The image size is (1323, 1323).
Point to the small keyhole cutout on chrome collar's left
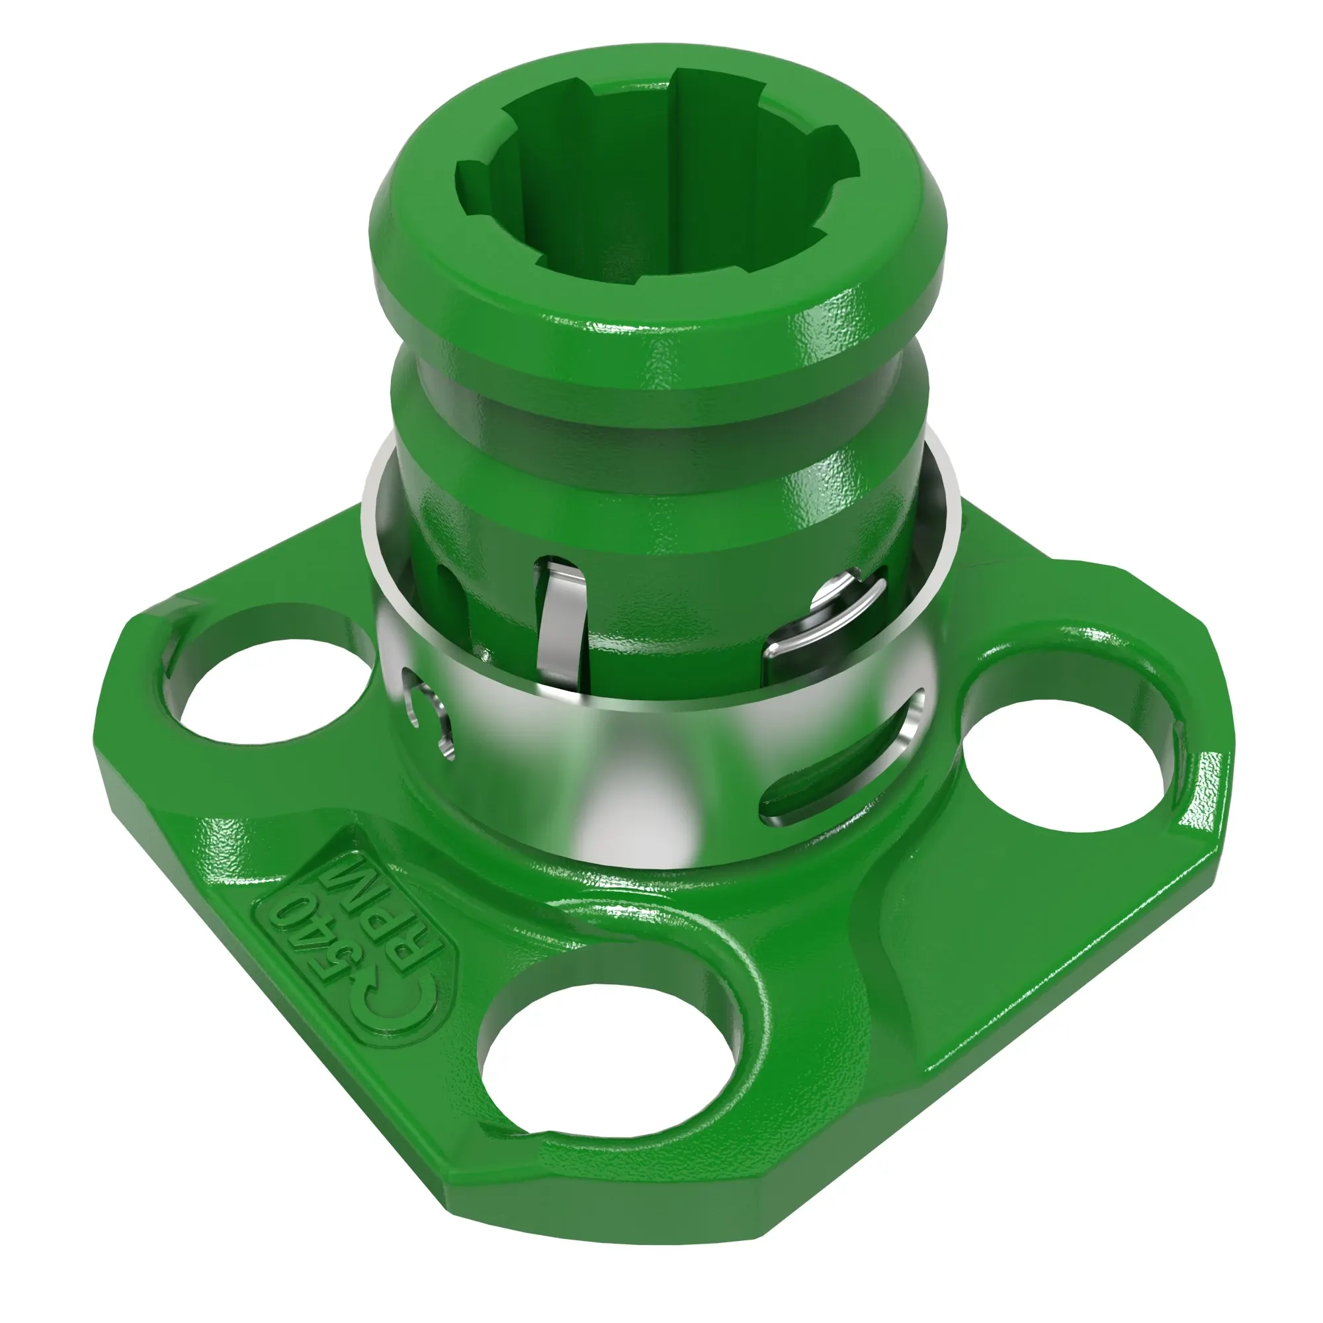(428, 716)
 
